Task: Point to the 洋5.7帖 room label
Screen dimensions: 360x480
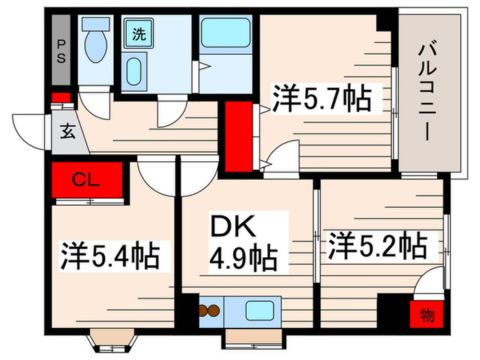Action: point(322,100)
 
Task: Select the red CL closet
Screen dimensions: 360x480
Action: point(88,180)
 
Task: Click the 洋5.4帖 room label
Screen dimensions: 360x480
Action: point(110,256)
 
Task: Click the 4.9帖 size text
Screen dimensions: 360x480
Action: point(243,259)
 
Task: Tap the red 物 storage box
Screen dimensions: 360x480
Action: point(427,315)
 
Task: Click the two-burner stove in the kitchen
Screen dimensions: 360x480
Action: point(210,311)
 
